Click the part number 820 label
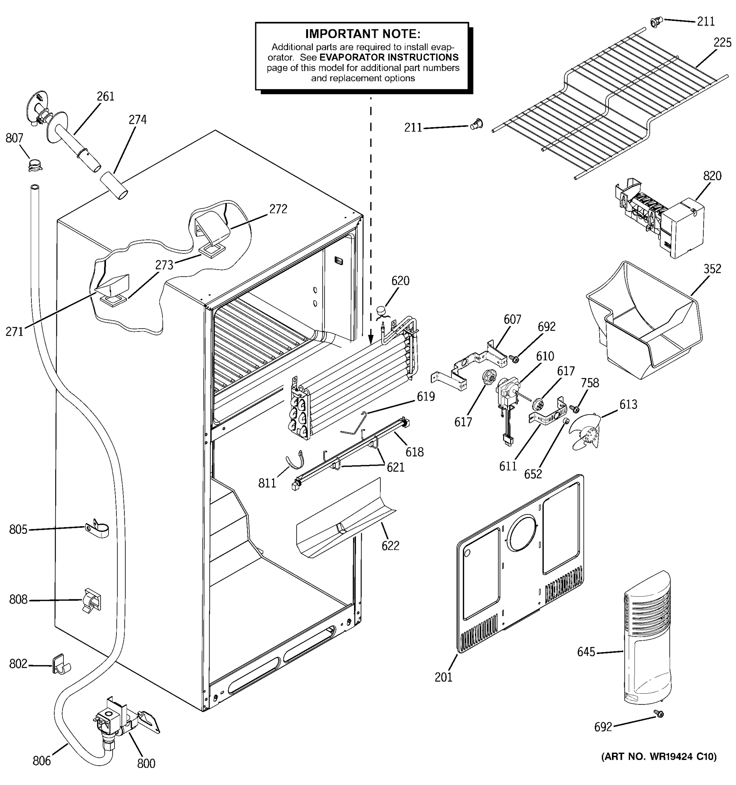click(x=712, y=176)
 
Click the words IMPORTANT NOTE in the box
click(x=362, y=34)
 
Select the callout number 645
click(x=586, y=652)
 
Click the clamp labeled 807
click(x=35, y=164)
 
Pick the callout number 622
click(x=390, y=546)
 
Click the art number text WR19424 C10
click(x=658, y=757)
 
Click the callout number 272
click(x=278, y=209)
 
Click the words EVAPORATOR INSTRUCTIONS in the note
click(x=389, y=58)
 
